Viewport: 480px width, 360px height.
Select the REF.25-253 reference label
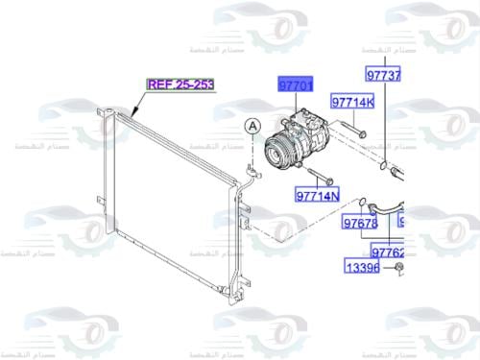coord(180,84)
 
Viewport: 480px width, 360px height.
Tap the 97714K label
coord(353,102)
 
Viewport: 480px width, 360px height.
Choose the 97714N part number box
coord(318,196)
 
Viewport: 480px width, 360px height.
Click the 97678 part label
coord(360,223)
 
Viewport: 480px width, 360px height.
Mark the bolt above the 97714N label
coord(320,177)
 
